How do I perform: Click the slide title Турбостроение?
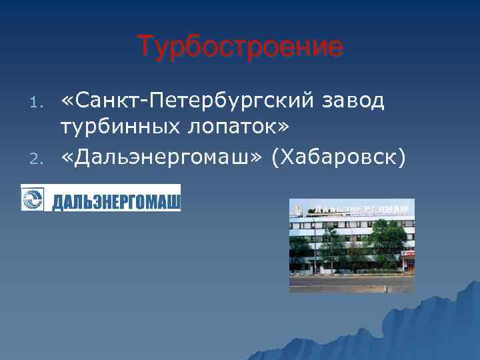[240, 47]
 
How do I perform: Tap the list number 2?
[39, 158]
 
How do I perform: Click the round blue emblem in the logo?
[33, 199]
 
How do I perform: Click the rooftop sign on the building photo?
[360, 209]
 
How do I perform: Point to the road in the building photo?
[351, 283]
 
